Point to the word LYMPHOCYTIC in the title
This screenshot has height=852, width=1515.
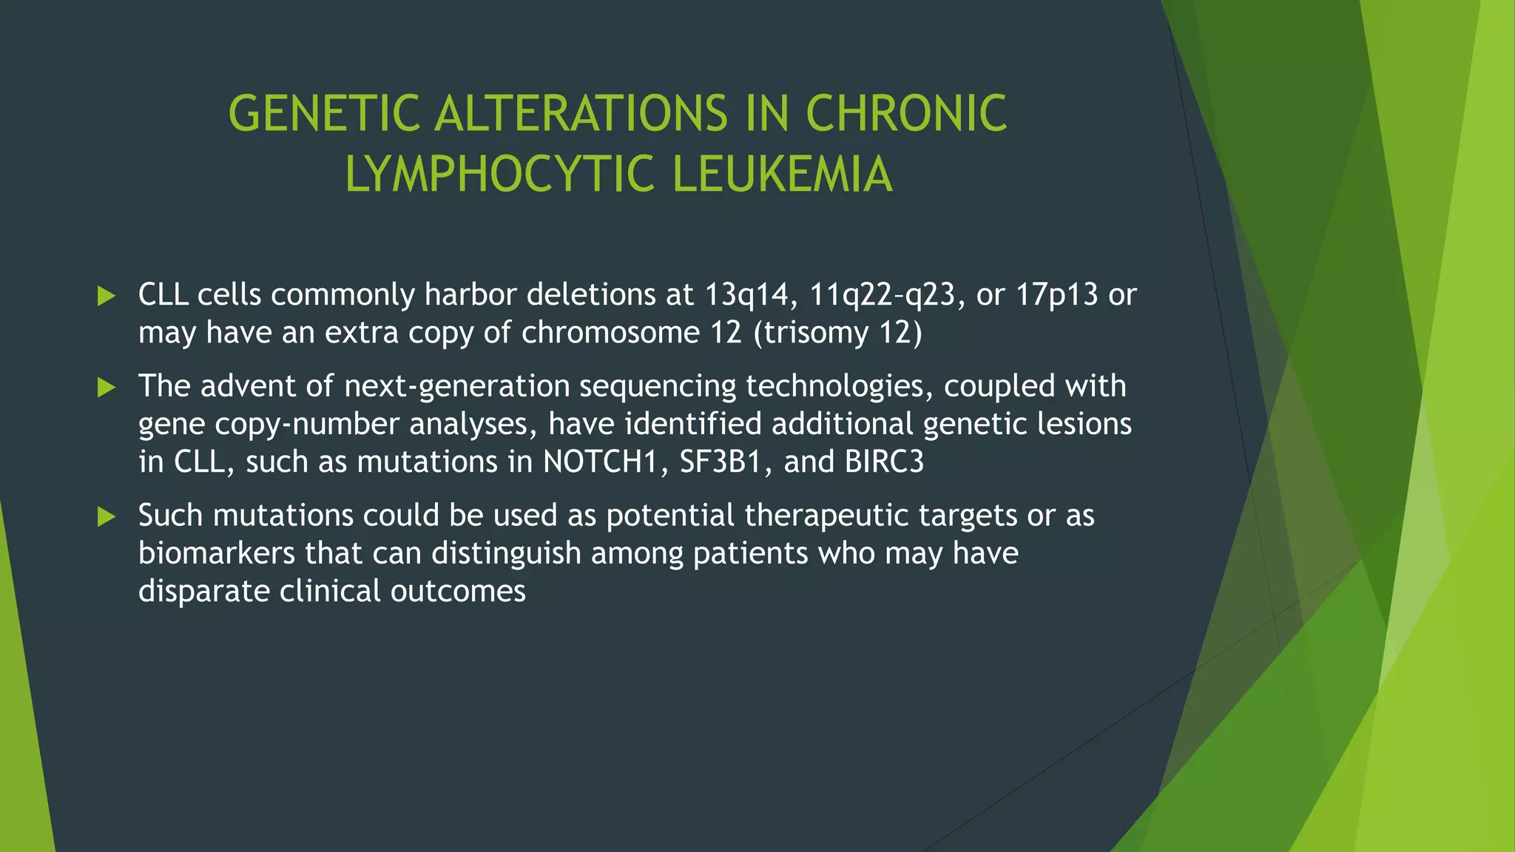499,175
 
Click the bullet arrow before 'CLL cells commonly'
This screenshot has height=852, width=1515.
107,297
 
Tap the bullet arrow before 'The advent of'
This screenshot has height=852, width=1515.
107,387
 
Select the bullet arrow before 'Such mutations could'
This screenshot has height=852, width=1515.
107,516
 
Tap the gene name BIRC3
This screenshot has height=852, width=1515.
884,461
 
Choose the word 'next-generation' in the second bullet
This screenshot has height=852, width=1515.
457,386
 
